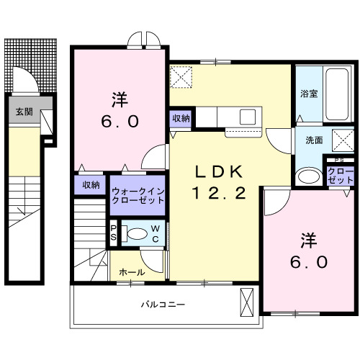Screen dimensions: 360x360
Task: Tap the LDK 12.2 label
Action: pos(212,182)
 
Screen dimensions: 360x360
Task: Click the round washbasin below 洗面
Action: pos(309,175)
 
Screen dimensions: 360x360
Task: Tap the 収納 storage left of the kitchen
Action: pos(181,118)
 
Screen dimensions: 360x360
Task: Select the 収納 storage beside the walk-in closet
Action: pos(90,186)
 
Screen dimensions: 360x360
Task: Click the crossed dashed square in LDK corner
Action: pos(180,76)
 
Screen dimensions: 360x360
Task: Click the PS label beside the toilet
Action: pos(113,233)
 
